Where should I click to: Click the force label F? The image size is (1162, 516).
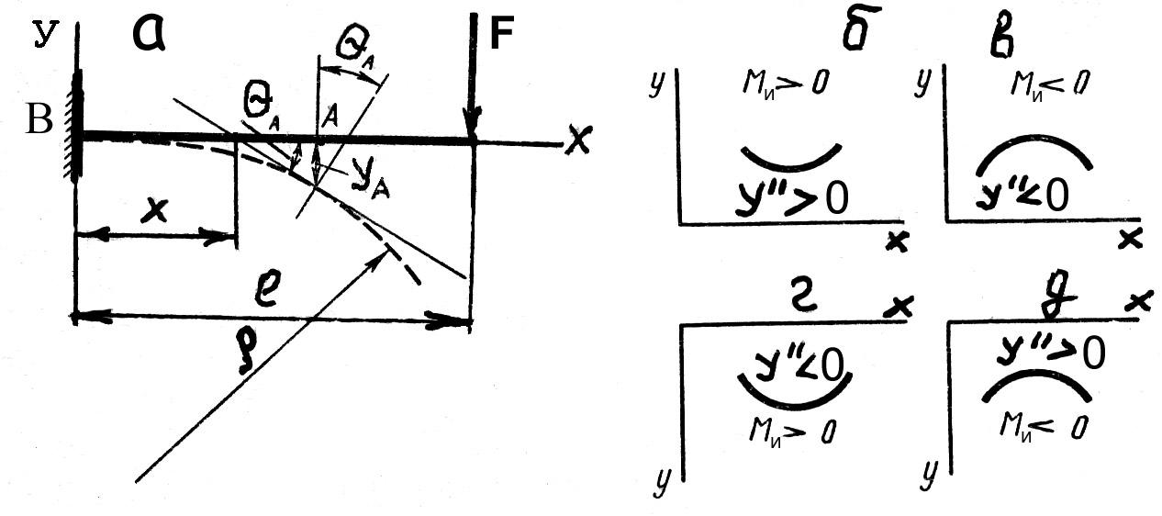(x=502, y=33)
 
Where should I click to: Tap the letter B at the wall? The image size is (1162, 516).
(x=39, y=119)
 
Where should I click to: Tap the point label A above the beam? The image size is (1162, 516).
(x=330, y=116)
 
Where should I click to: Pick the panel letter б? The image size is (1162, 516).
(x=861, y=29)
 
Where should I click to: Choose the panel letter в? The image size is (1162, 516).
(x=1001, y=39)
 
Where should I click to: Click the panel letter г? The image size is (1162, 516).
(x=801, y=298)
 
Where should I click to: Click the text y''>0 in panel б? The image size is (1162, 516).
(x=792, y=197)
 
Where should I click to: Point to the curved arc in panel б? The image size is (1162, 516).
(x=790, y=167)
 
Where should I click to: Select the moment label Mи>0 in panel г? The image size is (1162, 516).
(x=792, y=431)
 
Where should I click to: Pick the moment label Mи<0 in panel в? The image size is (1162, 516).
(x=1049, y=84)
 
